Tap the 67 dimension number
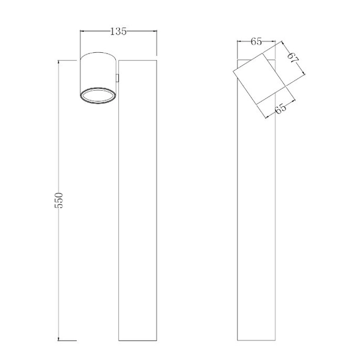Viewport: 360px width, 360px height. [292, 59]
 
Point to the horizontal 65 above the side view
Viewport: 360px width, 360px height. [256, 41]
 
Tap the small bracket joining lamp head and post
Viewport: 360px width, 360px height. [118, 77]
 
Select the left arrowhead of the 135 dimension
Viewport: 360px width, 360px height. [82, 32]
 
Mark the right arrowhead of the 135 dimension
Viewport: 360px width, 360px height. [156, 32]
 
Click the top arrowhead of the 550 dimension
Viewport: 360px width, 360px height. [59, 61]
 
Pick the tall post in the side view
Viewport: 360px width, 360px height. [256, 228]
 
